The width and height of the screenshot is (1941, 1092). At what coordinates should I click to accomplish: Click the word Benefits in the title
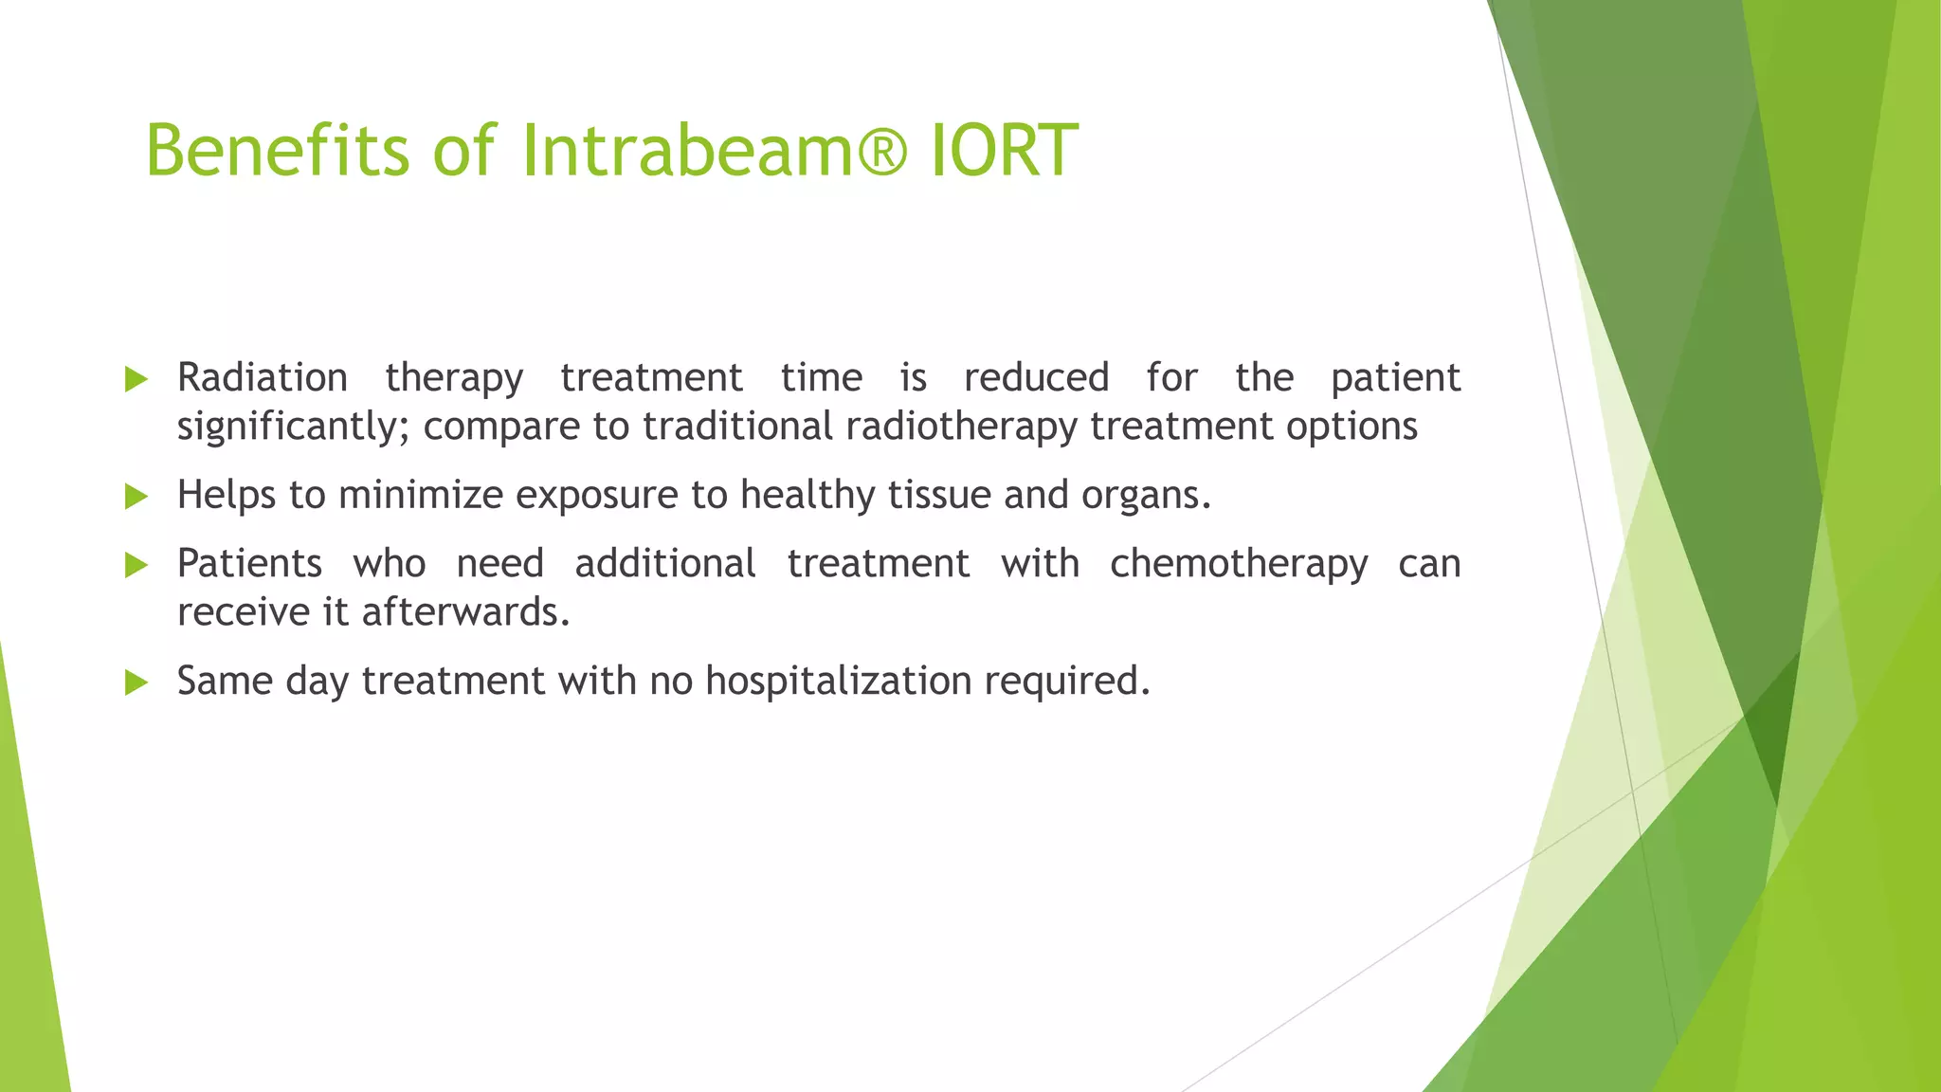277,150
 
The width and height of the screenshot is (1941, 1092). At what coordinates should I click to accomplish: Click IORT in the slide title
1004,150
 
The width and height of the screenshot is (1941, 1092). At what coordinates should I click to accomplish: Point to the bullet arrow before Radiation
136,380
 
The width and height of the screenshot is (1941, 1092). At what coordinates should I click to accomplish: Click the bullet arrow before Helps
136,496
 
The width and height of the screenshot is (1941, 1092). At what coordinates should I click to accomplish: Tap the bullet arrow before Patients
136,566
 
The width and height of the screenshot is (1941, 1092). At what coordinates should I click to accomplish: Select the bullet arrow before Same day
136,682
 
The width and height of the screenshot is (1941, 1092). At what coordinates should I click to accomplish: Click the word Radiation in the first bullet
263,377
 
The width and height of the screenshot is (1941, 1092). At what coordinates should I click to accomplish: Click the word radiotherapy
961,427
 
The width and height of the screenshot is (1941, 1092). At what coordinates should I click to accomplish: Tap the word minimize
420,495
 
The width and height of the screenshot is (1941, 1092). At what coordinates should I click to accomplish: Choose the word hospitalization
838,682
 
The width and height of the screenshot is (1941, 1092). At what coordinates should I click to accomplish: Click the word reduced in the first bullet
1036,377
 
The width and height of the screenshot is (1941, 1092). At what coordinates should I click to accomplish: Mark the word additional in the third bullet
664,564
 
